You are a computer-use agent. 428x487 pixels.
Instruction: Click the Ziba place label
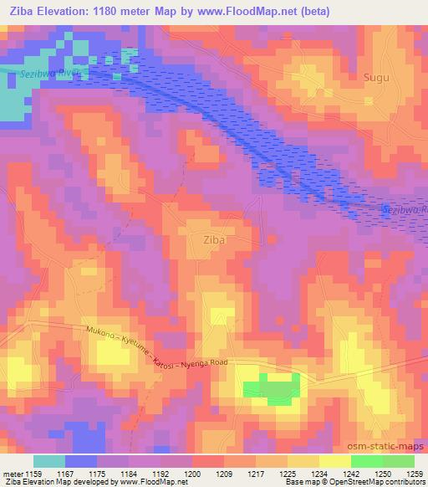215,240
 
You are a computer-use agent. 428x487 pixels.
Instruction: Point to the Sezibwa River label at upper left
48,75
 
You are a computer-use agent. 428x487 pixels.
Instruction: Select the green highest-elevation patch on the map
272,388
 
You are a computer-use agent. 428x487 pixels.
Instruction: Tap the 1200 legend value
193,474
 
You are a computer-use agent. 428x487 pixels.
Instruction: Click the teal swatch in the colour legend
48,461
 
